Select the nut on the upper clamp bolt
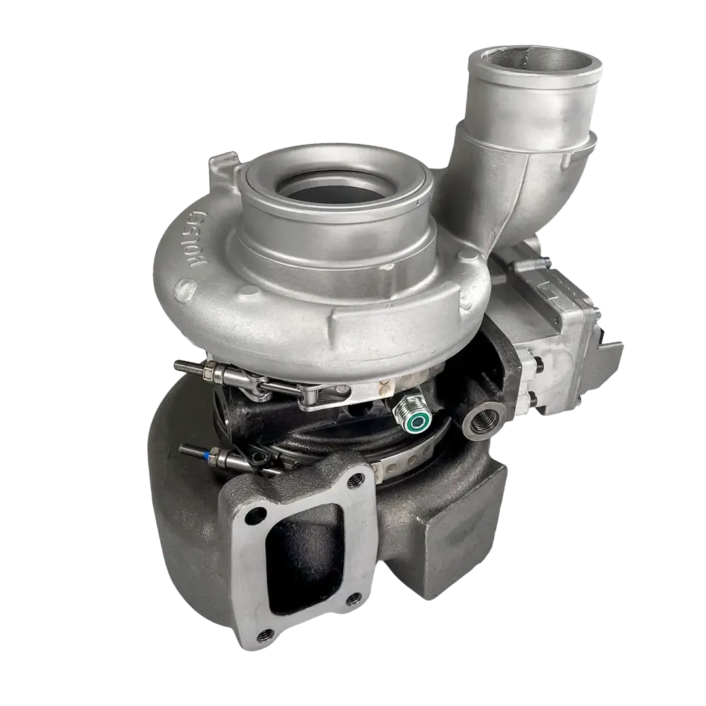pyautogui.click(x=210, y=373)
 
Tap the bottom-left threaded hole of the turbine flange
pyautogui.click(x=266, y=633)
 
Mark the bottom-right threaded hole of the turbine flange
pyautogui.click(x=354, y=596)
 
